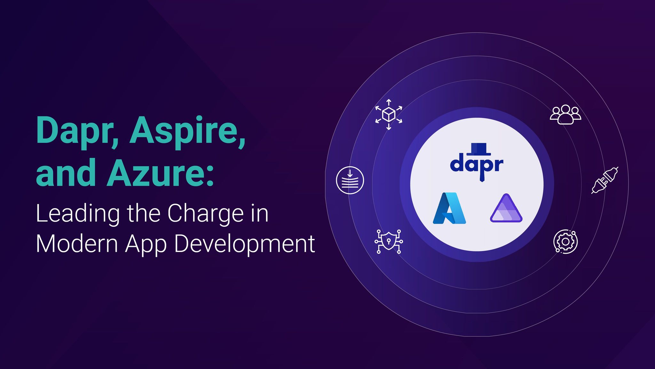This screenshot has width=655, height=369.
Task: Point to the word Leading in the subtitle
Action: tap(78, 214)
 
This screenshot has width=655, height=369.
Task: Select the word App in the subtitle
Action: tap(146, 245)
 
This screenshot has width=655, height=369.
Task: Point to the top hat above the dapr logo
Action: tap(478, 149)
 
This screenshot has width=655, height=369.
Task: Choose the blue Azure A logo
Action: tap(449, 208)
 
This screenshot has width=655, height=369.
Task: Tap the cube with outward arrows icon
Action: tap(389, 114)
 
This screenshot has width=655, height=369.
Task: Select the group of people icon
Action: tap(565, 114)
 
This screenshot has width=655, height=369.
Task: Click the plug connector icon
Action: tap(604, 180)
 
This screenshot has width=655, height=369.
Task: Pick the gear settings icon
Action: tap(565, 242)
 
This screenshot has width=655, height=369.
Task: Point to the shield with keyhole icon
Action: tap(389, 242)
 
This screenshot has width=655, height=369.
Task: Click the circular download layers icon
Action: tap(350, 180)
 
